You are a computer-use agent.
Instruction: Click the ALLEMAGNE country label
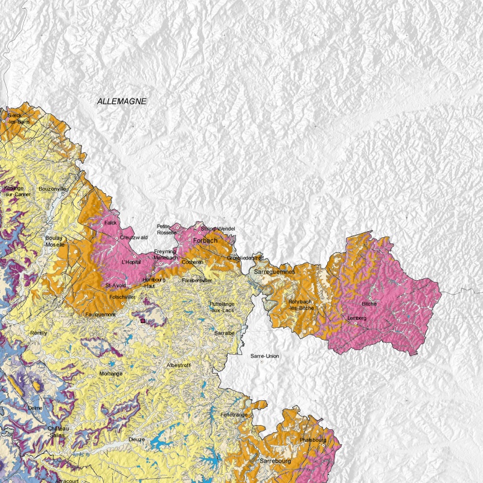(x=122, y=101)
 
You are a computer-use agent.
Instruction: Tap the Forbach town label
(x=205, y=240)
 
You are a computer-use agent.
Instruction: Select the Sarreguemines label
(x=274, y=272)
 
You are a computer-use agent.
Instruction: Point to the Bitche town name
(x=369, y=304)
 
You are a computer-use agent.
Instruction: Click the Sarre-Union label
(x=264, y=356)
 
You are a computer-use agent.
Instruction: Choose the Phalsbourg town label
(x=313, y=440)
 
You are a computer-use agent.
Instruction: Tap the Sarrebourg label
(x=275, y=461)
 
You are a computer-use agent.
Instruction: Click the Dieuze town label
(x=136, y=440)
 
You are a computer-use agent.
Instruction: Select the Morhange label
(x=110, y=374)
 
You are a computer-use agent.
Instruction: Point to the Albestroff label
(x=178, y=365)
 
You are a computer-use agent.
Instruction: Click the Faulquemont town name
(x=100, y=314)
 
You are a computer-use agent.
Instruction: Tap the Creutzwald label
(x=133, y=237)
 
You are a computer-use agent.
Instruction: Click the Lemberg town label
(x=357, y=318)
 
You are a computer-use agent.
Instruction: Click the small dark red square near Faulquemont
(x=142, y=321)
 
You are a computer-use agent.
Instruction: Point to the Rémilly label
(x=39, y=332)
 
